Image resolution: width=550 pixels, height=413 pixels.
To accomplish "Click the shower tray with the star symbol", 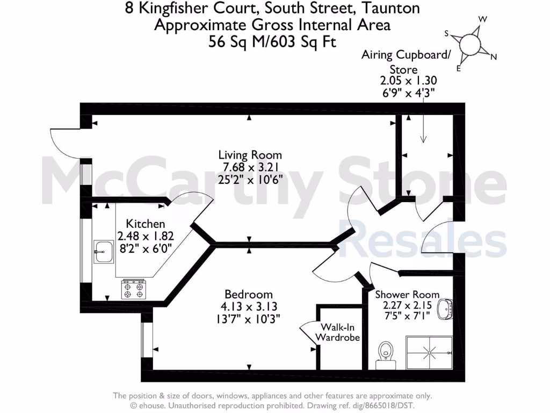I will (429, 353).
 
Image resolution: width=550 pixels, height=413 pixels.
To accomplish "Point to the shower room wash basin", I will (447, 310).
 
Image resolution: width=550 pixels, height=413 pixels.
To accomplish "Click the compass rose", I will (471, 44).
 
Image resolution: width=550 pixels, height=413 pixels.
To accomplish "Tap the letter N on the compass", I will (494, 57).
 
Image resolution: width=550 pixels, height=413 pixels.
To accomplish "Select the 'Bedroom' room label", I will (248, 295).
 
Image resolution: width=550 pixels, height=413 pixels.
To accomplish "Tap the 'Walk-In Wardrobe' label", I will (337, 332).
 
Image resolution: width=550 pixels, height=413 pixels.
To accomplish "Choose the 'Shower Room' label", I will (407, 295).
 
